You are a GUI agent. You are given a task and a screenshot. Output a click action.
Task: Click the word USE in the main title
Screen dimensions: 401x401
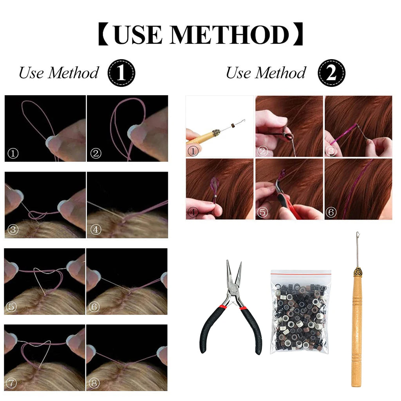(138, 35)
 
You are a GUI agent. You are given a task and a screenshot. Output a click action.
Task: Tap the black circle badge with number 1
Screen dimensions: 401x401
(121, 73)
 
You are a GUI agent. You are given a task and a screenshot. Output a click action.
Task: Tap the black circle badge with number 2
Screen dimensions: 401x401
(331, 73)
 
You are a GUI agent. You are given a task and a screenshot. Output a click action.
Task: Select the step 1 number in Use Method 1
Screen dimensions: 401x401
(13, 154)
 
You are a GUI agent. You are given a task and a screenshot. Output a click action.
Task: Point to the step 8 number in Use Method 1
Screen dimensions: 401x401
(94, 383)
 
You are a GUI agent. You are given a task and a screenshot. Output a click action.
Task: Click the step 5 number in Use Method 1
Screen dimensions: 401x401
(11, 306)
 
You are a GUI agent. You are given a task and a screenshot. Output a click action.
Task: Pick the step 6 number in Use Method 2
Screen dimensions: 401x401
(331, 212)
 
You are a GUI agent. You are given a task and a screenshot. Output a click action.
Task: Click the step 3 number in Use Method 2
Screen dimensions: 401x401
(331, 151)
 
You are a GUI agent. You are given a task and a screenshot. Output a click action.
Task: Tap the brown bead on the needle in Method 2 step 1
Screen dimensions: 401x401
(233, 125)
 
